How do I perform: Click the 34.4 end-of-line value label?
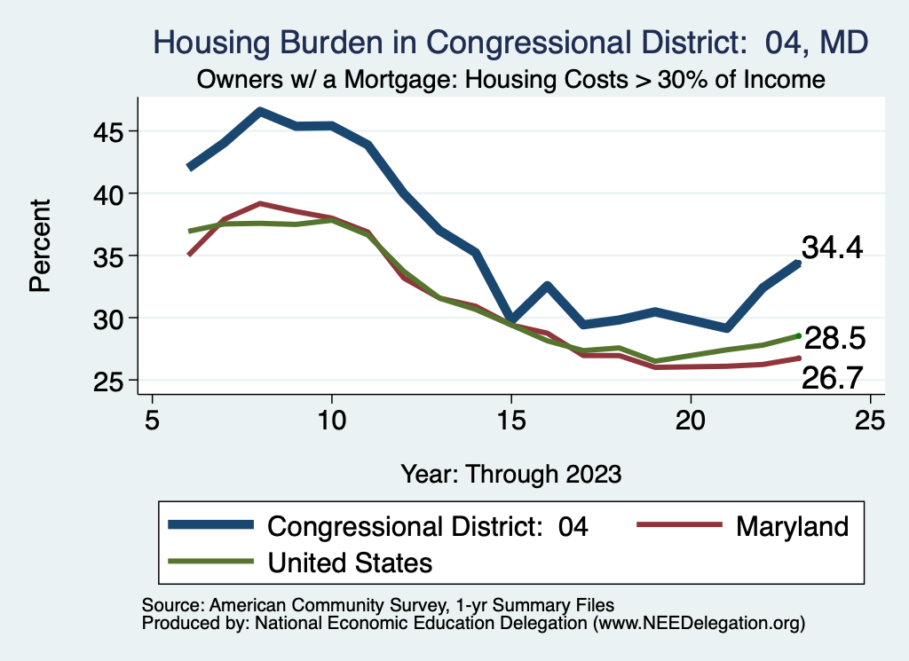(832, 248)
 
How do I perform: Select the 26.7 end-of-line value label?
(833, 379)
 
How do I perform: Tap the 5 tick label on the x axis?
(153, 420)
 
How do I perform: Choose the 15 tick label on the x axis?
(510, 420)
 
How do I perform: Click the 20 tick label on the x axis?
(691, 420)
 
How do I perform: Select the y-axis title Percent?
(40, 247)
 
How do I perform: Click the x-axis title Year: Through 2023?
(510, 473)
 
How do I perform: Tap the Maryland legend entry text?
(792, 526)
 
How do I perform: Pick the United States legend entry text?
(350, 562)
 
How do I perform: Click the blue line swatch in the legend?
(212, 526)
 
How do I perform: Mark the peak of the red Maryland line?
(260, 203)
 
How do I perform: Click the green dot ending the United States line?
(799, 335)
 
